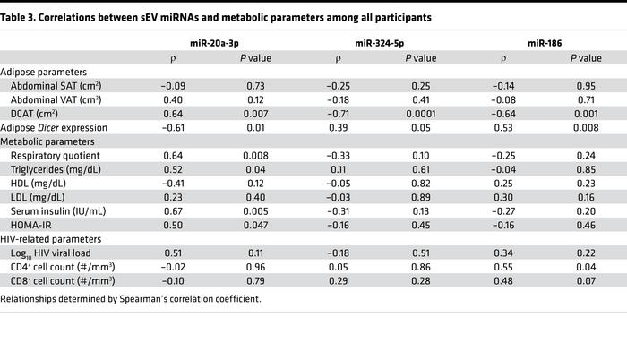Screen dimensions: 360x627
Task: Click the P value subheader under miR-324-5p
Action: pos(420,58)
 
